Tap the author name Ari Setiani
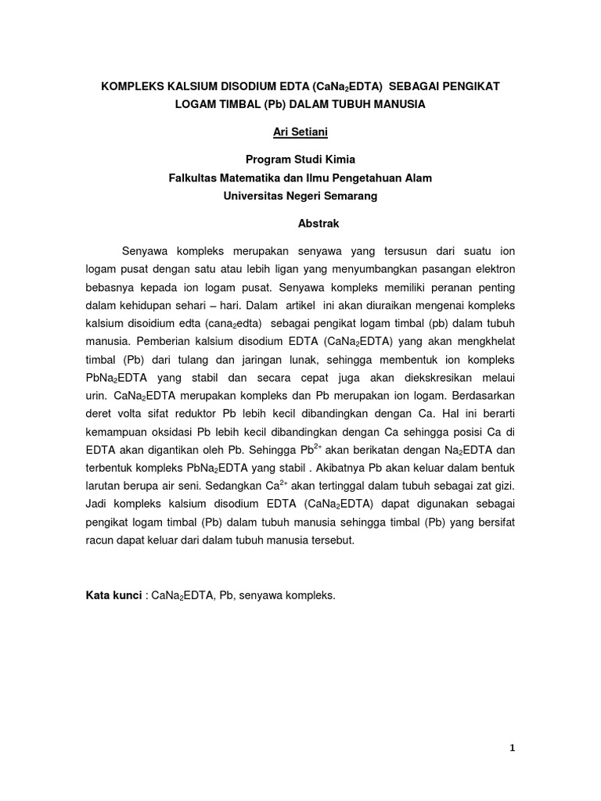[300, 132]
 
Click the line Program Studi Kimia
[300, 160]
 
